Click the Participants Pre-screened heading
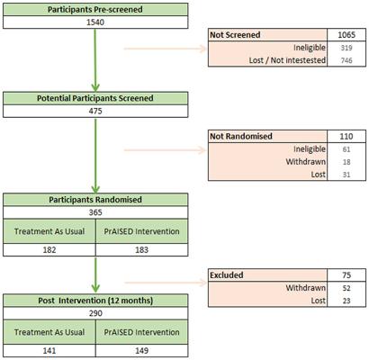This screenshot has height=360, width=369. (x=95, y=10)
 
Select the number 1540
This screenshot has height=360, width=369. (x=95, y=22)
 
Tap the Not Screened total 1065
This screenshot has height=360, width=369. (x=346, y=35)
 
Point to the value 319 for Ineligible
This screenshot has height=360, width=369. (x=346, y=48)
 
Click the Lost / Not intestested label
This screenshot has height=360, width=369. (x=287, y=60)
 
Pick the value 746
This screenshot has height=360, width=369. (x=346, y=60)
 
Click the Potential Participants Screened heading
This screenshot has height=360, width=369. (x=95, y=98)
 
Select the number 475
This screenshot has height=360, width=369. (x=95, y=111)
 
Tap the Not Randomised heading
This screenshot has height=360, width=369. (x=241, y=136)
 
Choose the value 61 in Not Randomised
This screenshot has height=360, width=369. (x=346, y=149)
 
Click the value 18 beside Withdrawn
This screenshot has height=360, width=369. (x=346, y=162)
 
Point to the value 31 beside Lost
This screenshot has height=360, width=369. (x=346, y=175)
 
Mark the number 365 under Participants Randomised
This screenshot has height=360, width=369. (x=95, y=212)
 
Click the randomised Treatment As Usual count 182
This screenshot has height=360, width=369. (x=49, y=250)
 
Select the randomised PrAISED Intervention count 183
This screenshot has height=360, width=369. (x=141, y=250)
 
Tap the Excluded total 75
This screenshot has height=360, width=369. (x=346, y=275)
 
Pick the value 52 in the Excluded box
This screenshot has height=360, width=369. (x=346, y=288)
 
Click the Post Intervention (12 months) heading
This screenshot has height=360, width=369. (x=95, y=301)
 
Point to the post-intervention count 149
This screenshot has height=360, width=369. (x=141, y=350)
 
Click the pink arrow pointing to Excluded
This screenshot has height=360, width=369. (x=166, y=283)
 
